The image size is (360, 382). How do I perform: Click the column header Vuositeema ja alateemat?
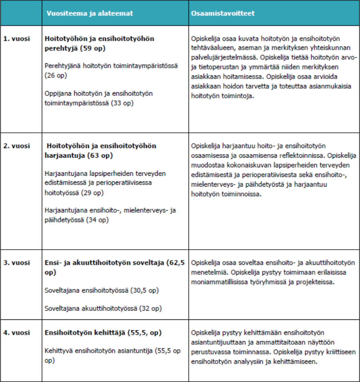(89, 13)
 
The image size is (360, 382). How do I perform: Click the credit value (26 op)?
(57, 75)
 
